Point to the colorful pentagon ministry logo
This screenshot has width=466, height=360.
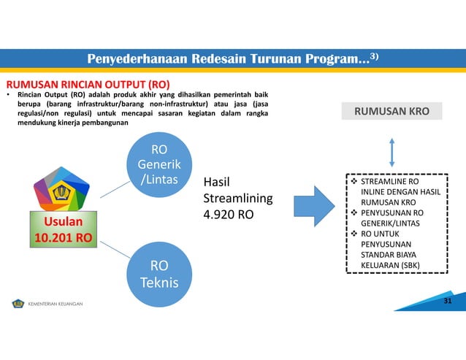[61, 191]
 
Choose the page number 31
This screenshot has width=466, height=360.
[448, 302]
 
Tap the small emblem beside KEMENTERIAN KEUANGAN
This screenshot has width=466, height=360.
[18, 302]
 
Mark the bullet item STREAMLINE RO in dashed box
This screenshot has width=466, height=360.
[389, 179]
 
